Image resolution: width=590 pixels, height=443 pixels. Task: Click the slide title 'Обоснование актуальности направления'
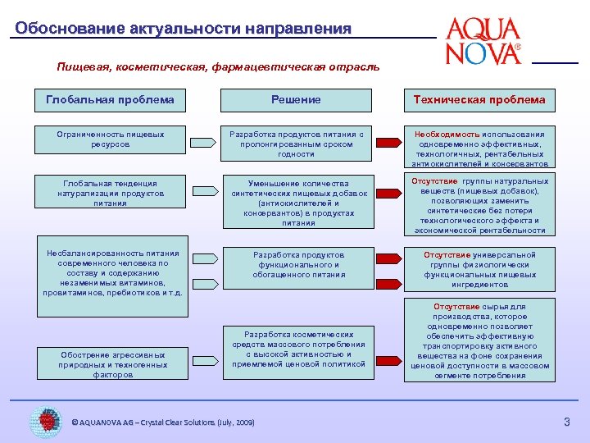(x=184, y=29)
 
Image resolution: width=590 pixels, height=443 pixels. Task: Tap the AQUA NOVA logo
(x=483, y=41)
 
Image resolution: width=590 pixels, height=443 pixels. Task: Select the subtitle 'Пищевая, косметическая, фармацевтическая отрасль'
(x=218, y=66)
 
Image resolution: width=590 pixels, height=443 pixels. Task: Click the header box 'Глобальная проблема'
(x=110, y=100)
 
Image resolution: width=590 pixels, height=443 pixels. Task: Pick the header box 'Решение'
(x=296, y=100)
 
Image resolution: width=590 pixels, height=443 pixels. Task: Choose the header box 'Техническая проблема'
(x=479, y=100)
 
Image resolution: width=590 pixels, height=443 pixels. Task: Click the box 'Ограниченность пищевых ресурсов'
(x=110, y=139)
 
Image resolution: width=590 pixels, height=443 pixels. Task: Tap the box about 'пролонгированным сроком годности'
(x=296, y=144)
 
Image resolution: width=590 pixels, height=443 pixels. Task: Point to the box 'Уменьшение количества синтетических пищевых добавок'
(x=296, y=203)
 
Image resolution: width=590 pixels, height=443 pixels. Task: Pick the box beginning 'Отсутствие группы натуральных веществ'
(x=479, y=205)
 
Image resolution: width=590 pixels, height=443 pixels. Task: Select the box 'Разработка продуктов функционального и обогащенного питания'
(x=296, y=265)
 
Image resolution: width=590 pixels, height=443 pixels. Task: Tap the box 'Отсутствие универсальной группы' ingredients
(x=479, y=270)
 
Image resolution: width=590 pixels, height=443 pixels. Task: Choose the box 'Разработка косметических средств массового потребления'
(x=296, y=349)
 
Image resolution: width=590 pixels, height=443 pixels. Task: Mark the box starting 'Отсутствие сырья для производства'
(x=479, y=341)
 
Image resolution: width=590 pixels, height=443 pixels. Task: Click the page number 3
(x=565, y=422)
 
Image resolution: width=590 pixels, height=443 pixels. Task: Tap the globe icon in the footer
(x=45, y=421)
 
